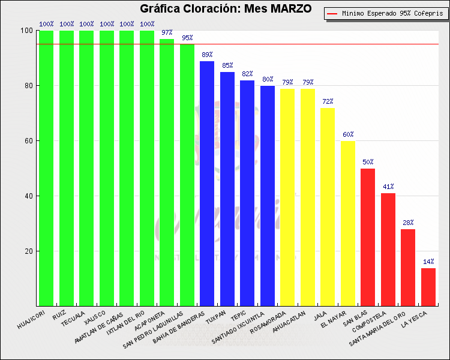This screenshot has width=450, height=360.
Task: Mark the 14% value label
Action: coord(428,262)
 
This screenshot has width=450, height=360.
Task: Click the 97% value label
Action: coord(167,33)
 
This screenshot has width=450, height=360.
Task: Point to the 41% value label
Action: coord(388,187)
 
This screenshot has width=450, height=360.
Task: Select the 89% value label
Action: coord(207,55)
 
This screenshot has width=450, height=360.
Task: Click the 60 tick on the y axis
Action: coord(28,141)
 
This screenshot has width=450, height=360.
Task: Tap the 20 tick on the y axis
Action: coord(28,251)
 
